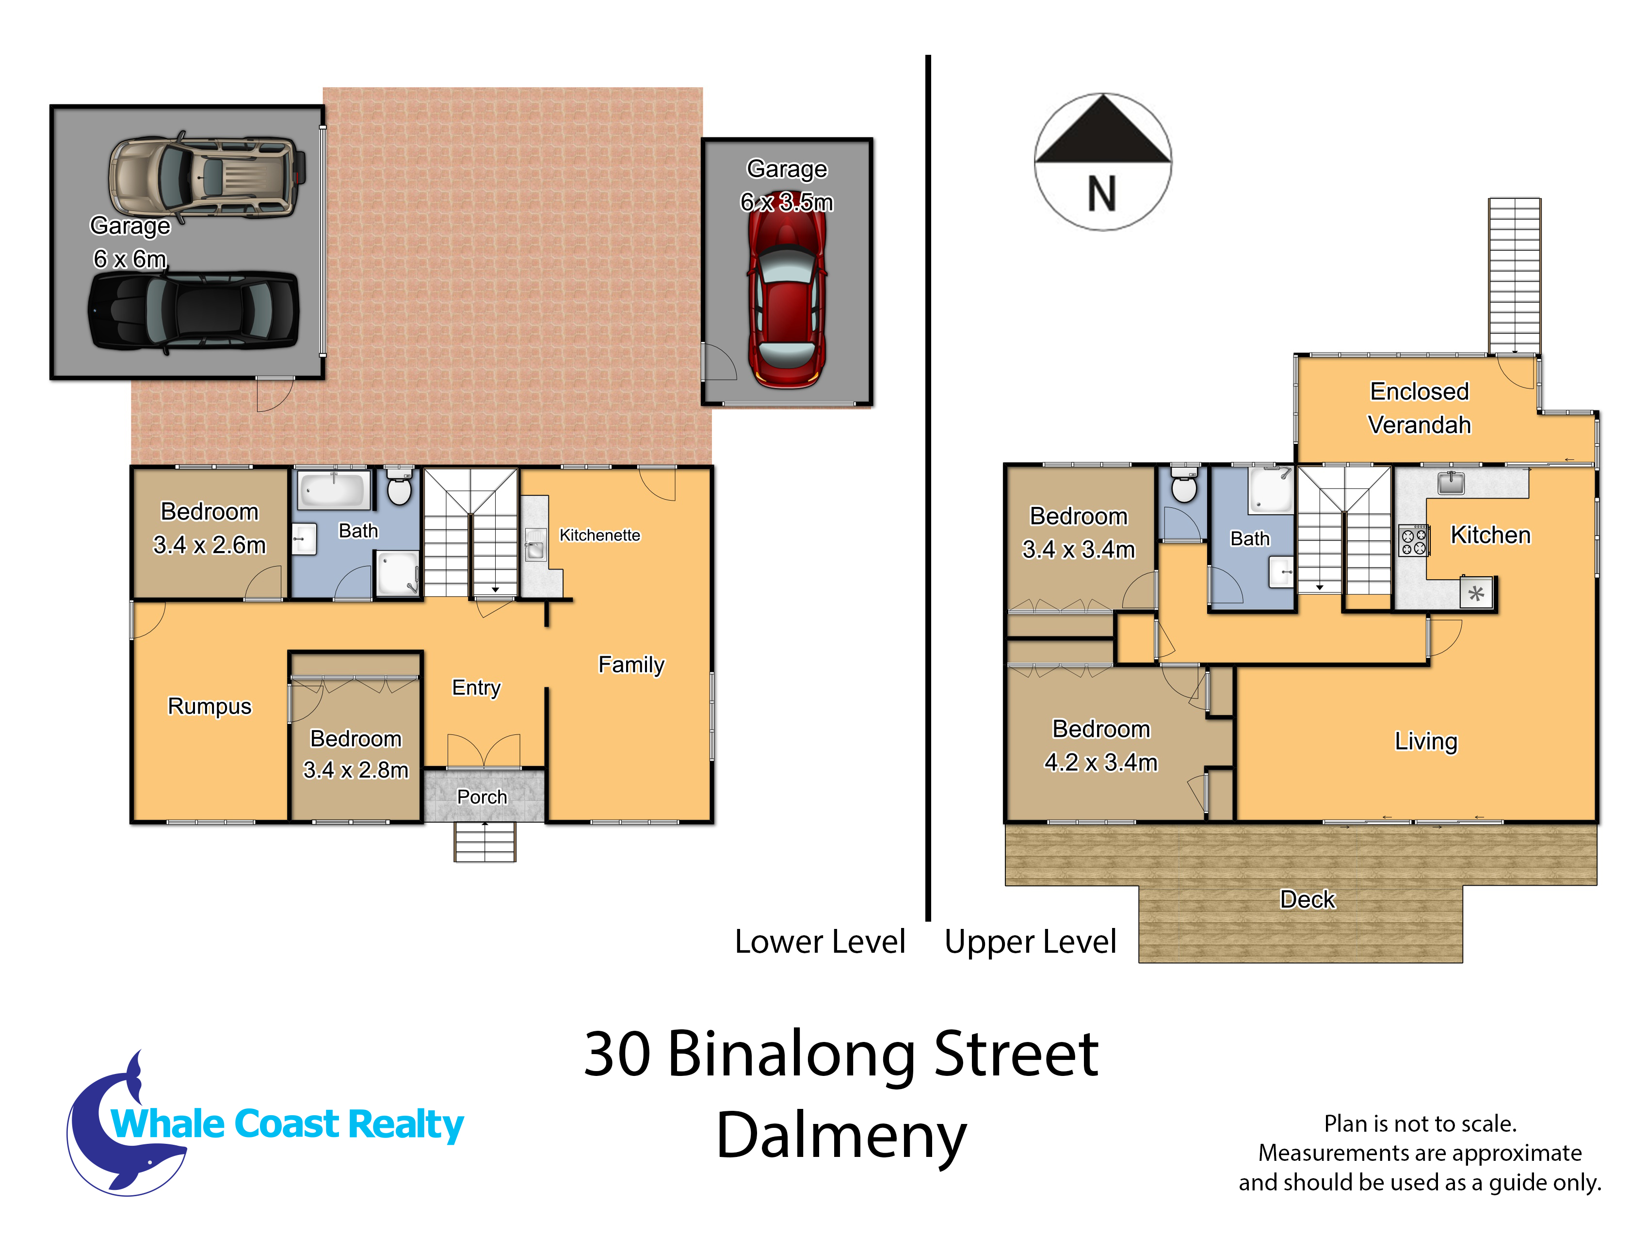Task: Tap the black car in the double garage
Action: point(194,310)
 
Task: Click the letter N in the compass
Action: point(1102,195)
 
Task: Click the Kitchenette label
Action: point(599,536)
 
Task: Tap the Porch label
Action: point(482,797)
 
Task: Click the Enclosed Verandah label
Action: point(1419,408)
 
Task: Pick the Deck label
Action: point(1308,899)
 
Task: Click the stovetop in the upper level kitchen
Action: point(1413,540)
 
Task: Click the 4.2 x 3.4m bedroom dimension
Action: point(1100,763)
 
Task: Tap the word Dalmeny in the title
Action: point(841,1136)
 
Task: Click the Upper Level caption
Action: point(1031,942)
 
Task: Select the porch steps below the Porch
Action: point(484,842)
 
